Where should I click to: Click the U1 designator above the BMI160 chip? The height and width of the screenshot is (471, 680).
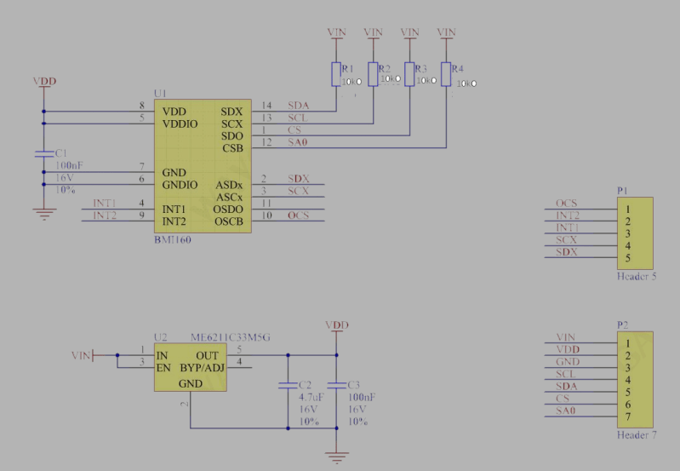tap(160, 92)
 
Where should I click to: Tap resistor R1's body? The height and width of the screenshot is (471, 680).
tap(336, 74)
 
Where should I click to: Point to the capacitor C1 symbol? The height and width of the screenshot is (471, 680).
tap(44, 154)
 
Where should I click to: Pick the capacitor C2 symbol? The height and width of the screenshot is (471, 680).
tap(288, 386)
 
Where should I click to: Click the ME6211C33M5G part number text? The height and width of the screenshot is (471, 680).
tap(231, 337)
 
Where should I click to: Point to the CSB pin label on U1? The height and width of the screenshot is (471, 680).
tap(232, 148)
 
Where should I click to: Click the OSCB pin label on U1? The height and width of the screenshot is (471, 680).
tap(229, 221)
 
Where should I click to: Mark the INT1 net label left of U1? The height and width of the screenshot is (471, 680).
tap(105, 204)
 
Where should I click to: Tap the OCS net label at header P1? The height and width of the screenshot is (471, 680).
tap(566, 204)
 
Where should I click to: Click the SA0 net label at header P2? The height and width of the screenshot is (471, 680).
tap(566, 411)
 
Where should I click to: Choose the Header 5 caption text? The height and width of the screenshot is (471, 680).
tap(636, 278)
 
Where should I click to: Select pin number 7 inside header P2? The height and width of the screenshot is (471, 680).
tap(626, 416)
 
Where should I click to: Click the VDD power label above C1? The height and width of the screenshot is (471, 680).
tap(44, 82)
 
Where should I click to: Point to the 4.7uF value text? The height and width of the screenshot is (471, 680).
tap(311, 397)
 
